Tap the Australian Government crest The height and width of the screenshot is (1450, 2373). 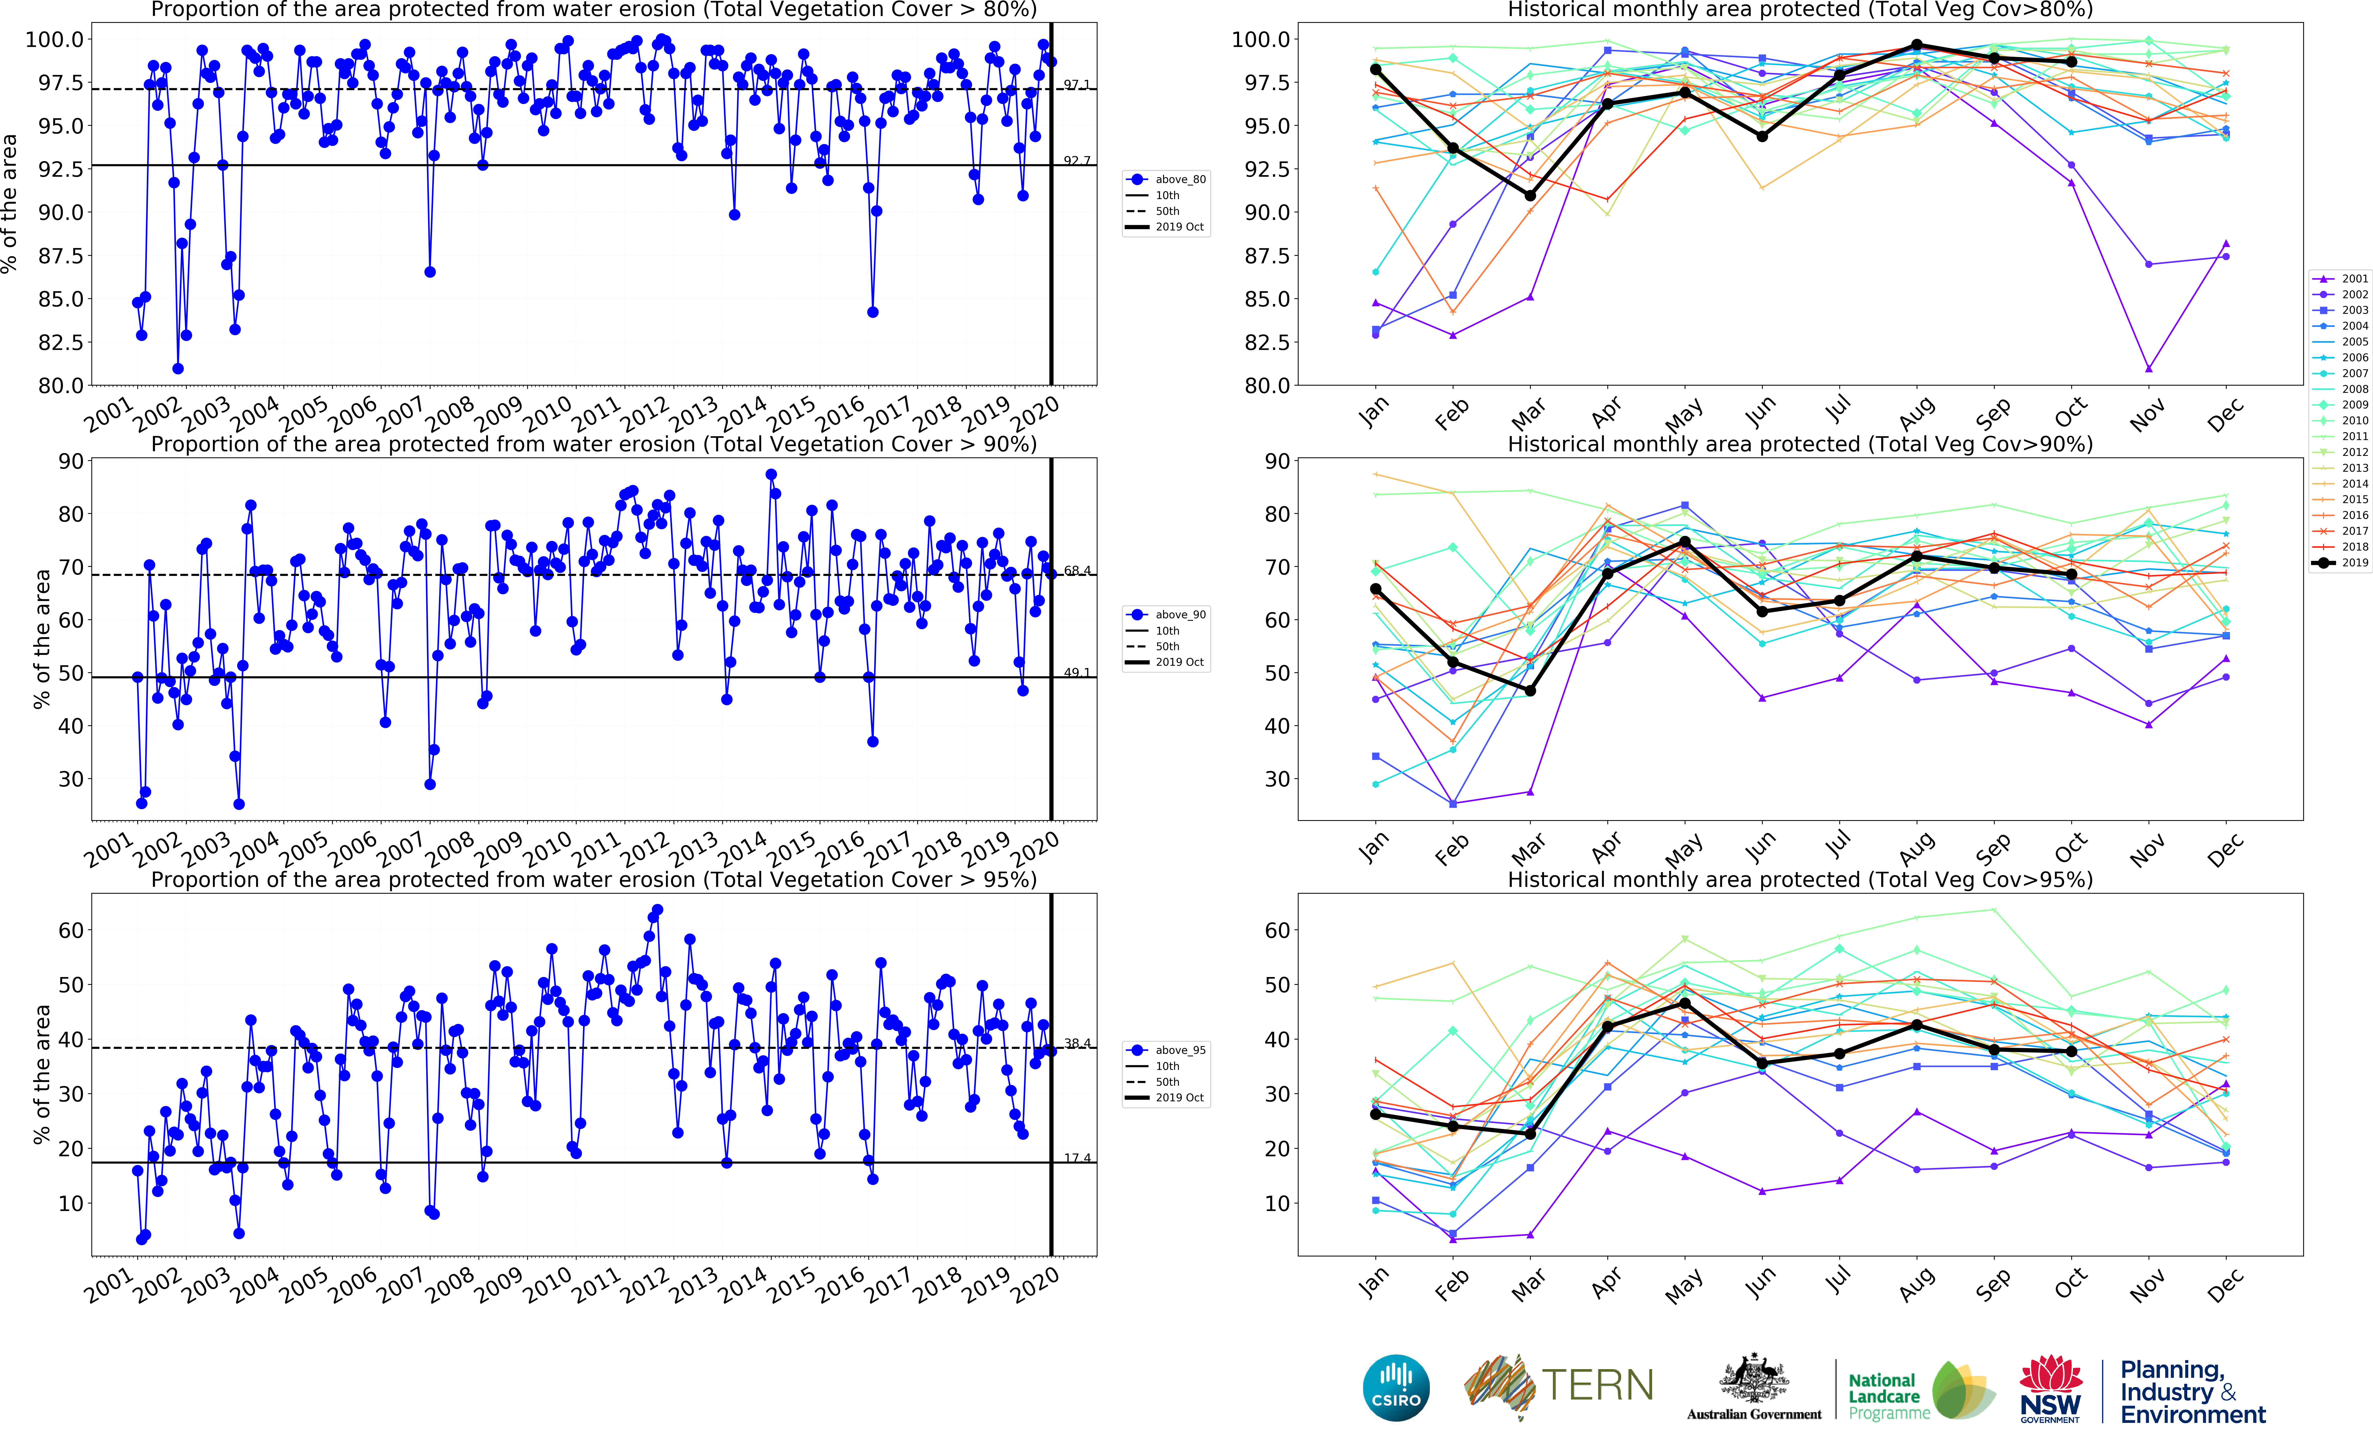tap(1754, 1379)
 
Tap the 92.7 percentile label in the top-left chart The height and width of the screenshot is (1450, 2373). tap(1077, 161)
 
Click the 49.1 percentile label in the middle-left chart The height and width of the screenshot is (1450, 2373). tap(1077, 673)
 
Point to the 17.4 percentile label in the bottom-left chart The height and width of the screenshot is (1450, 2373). tap(1077, 1158)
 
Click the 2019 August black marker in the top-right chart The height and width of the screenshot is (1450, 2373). tap(1917, 45)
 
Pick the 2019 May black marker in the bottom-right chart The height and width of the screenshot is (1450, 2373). tap(1684, 1003)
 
